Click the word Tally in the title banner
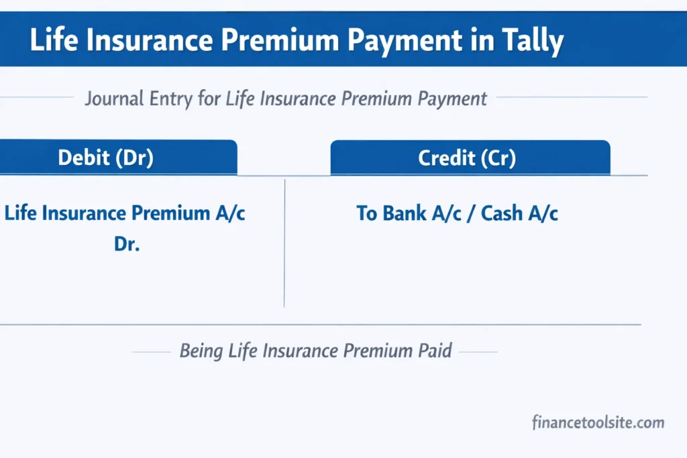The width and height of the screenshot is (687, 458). pyautogui.click(x=530, y=41)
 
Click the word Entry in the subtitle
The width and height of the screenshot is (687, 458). pyautogui.click(x=174, y=99)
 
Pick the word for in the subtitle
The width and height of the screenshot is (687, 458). pyautogui.click(x=211, y=99)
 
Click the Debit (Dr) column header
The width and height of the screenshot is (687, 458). pyautogui.click(x=105, y=158)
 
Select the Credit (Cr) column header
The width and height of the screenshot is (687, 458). pyautogui.click(x=467, y=158)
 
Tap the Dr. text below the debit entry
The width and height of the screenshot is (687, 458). pyautogui.click(x=126, y=244)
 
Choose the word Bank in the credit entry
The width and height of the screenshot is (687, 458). pyautogui.click(x=406, y=213)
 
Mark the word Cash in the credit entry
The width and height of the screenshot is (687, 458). pyautogui.click(x=503, y=213)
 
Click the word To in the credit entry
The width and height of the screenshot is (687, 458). pyautogui.click(x=367, y=213)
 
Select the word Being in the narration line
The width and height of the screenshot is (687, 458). pyautogui.click(x=201, y=351)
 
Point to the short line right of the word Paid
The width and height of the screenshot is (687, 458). pyautogui.click(x=477, y=351)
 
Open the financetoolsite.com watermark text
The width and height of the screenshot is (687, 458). pyautogui.click(x=598, y=423)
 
